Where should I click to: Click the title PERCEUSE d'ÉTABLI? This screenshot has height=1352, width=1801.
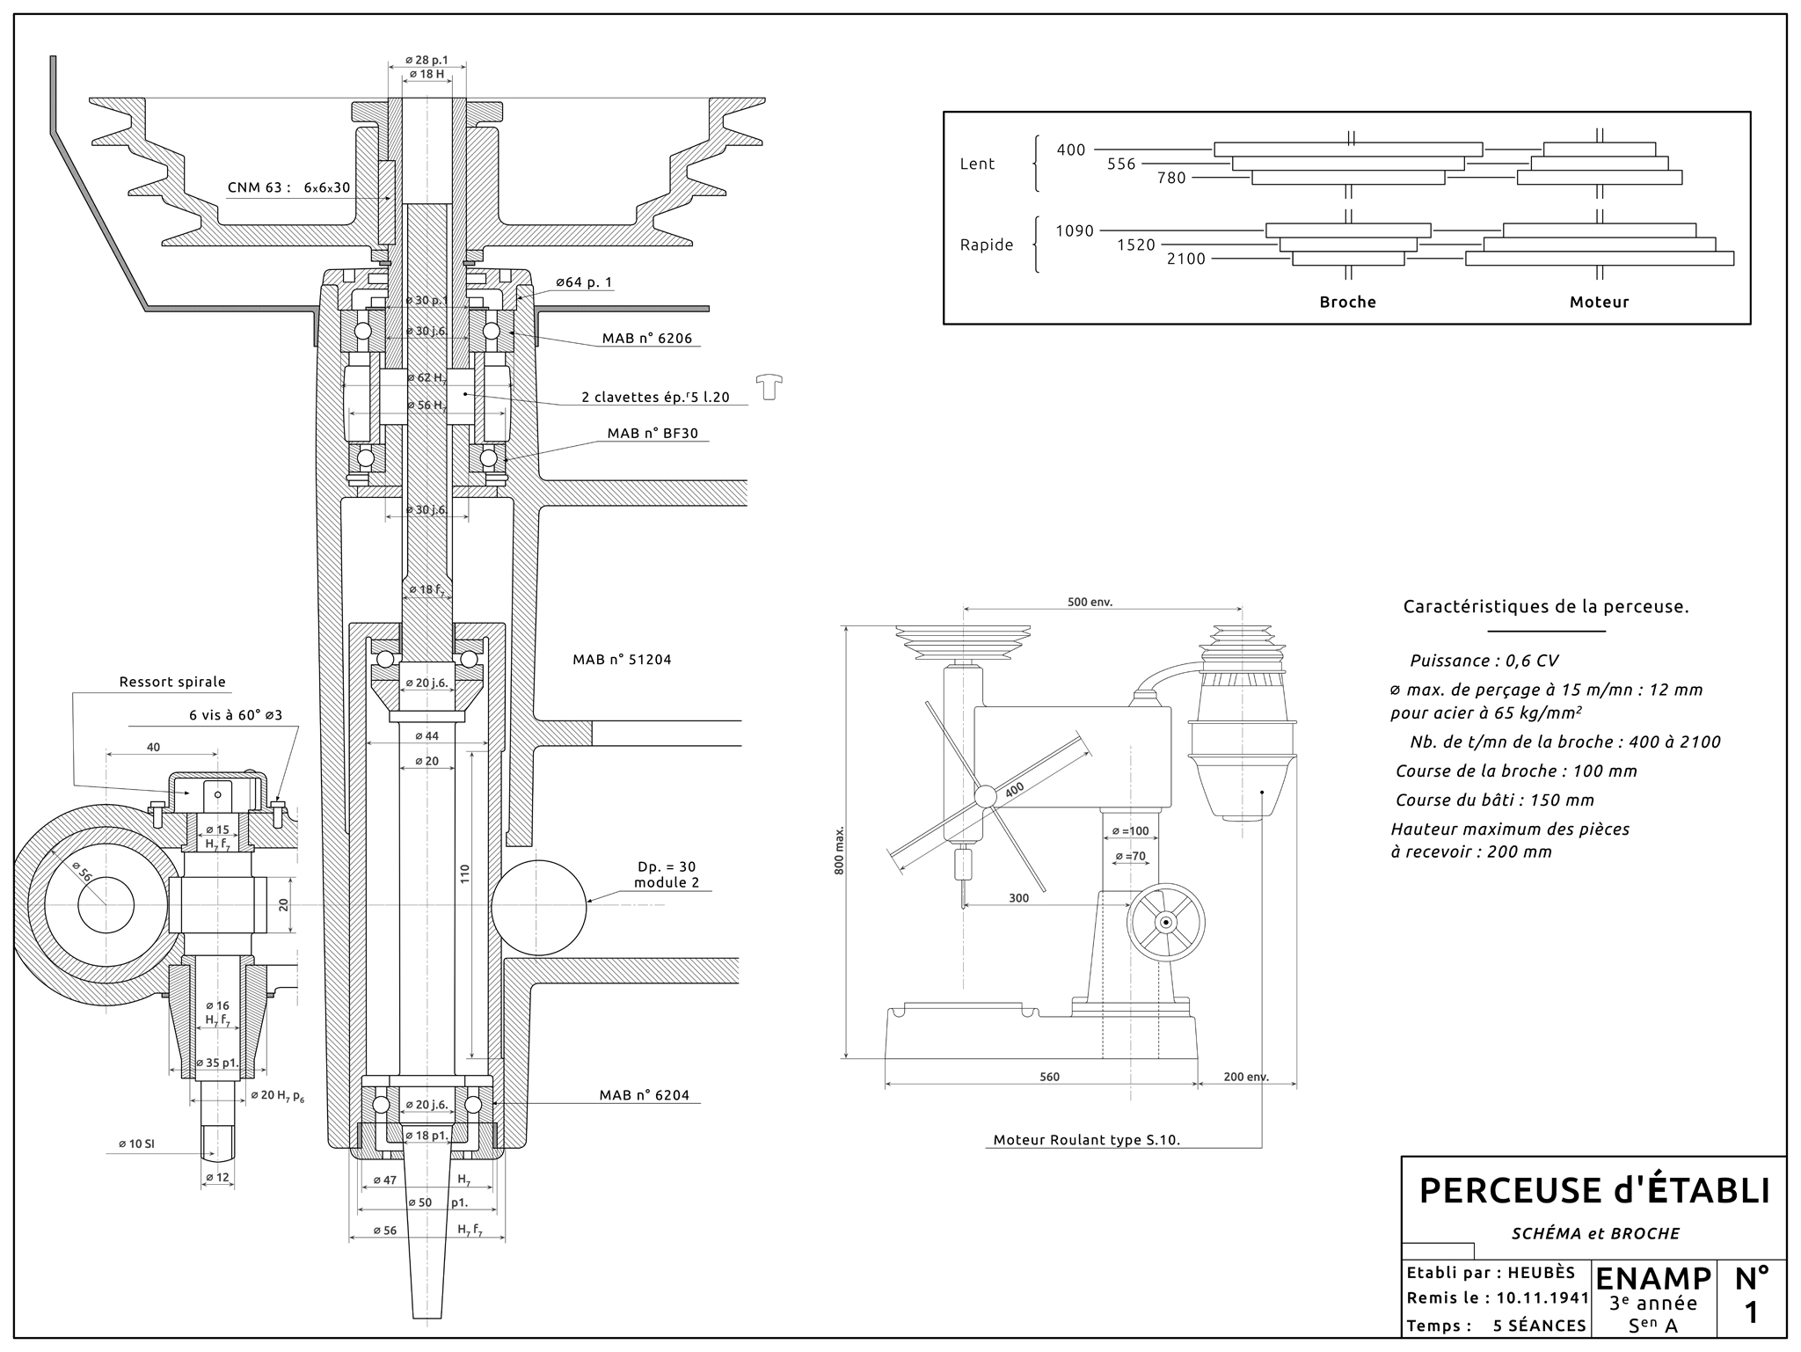[x=1593, y=1190]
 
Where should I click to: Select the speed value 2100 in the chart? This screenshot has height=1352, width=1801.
[x=1185, y=259]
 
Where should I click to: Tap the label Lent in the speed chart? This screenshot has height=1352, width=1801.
[x=977, y=164]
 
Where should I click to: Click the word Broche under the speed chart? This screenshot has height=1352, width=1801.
[x=1347, y=302]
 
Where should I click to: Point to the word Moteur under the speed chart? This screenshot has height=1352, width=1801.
[x=1599, y=302]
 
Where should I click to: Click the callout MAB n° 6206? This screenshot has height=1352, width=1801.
[x=647, y=338]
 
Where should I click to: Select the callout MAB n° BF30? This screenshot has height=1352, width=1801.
[x=652, y=434]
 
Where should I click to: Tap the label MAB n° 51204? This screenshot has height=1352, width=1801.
[x=622, y=659]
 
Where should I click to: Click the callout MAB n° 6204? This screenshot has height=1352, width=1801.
[x=644, y=1095]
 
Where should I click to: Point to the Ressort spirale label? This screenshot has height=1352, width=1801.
[x=172, y=682]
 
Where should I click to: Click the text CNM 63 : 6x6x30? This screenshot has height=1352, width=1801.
[x=288, y=187]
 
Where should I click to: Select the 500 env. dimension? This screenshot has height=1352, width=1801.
[x=1090, y=603]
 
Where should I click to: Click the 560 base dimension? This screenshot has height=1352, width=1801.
[x=1049, y=1076]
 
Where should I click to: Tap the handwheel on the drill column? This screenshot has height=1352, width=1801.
[x=1165, y=923]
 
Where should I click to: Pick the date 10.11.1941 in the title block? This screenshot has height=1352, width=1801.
[x=1542, y=1297]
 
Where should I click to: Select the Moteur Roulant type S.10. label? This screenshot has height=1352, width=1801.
[x=1086, y=1139]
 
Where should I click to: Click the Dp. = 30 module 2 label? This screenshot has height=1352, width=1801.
[x=666, y=874]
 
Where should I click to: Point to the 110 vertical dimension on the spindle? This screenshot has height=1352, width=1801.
[x=465, y=873]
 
